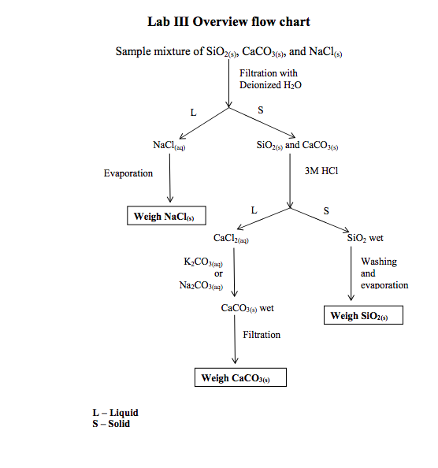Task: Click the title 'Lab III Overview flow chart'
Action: (228, 21)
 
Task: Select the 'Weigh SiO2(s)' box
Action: (363, 316)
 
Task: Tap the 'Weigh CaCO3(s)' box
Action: (240, 378)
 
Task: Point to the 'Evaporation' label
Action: (128, 173)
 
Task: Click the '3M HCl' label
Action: (321, 171)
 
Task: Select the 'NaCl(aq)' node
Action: (169, 146)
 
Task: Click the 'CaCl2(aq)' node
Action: (232, 238)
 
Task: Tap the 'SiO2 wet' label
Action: (365, 238)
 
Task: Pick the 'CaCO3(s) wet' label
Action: (247, 308)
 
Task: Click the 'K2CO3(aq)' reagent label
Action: (203, 262)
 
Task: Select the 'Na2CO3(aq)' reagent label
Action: (202, 285)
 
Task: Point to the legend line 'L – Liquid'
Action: (116, 413)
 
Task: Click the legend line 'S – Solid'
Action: (111, 424)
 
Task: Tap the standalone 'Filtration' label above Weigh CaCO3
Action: (262, 335)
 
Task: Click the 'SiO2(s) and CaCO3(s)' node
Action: (297, 146)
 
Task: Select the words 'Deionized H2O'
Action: (270, 85)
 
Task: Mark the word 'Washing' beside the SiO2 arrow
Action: (379, 262)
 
